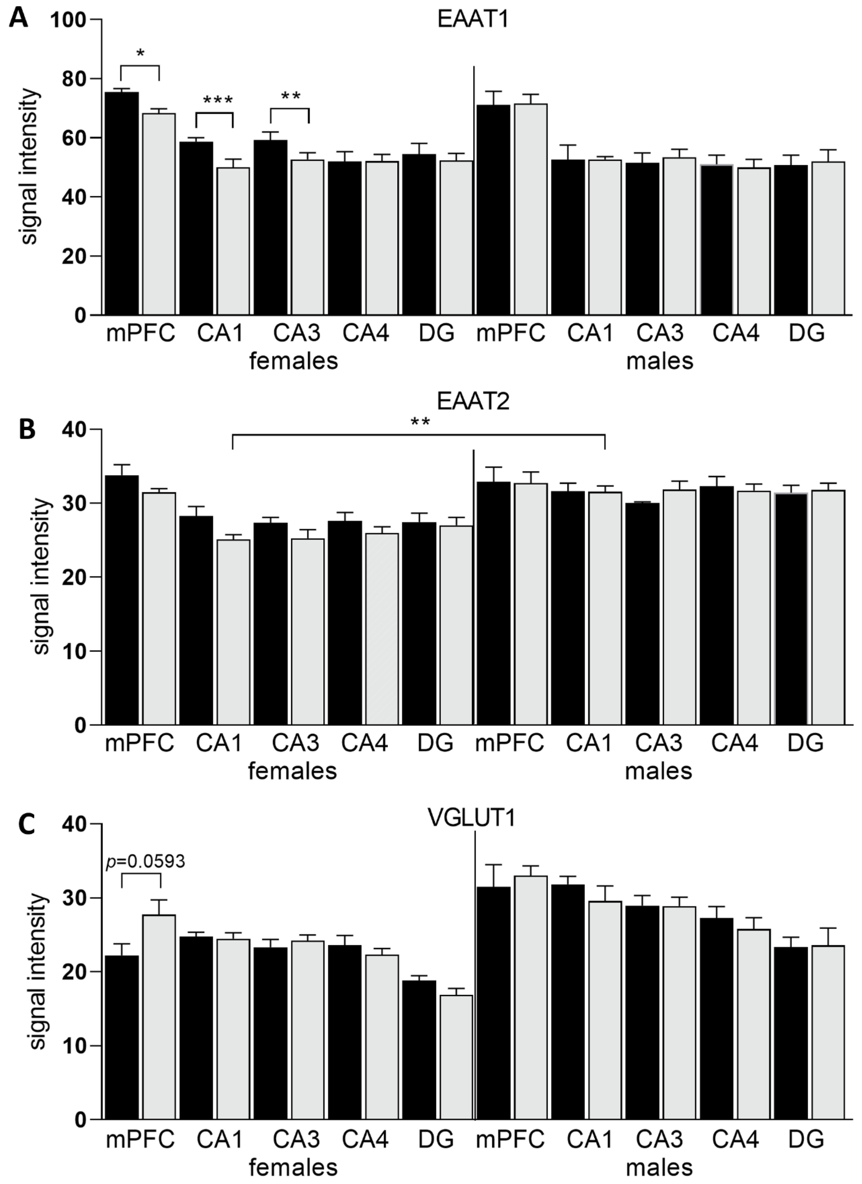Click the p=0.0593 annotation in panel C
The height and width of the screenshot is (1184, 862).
pyautogui.click(x=145, y=861)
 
